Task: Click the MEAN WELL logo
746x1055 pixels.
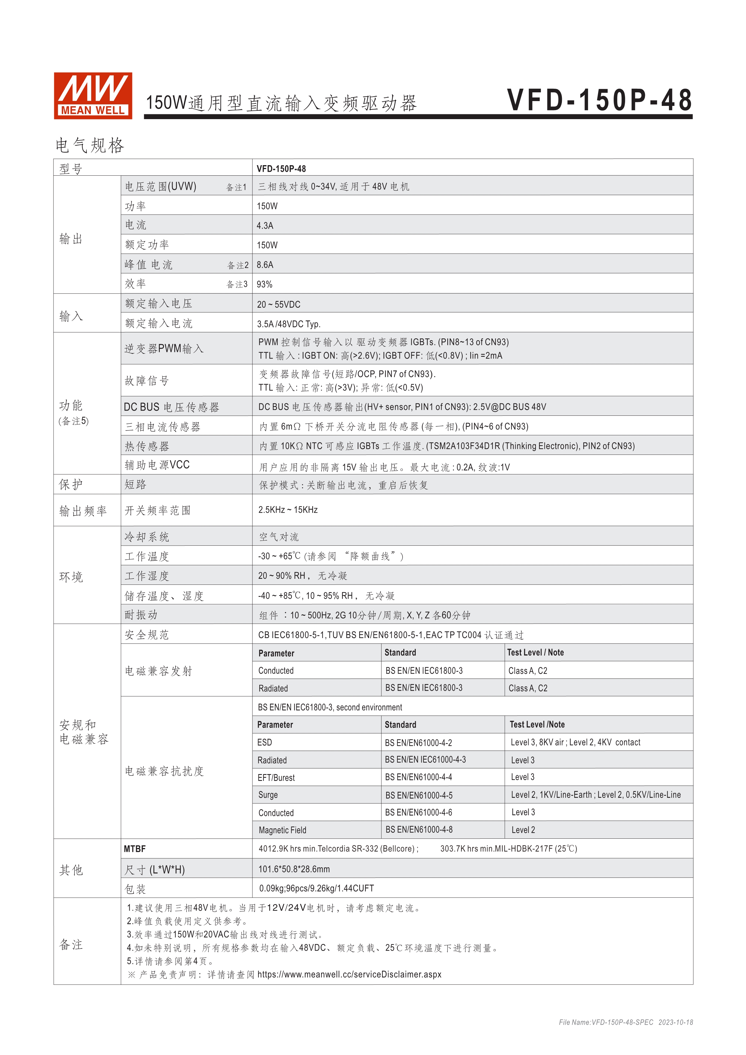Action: (93, 96)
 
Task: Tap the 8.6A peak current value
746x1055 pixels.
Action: (265, 265)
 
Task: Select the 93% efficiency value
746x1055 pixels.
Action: (265, 284)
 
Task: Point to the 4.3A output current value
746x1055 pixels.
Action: (265, 226)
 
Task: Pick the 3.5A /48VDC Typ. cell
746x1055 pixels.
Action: (288, 324)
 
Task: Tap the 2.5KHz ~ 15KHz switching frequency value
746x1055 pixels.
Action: (288, 510)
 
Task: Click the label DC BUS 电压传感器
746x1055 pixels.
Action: (171, 407)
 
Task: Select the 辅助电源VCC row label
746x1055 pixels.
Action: (157, 465)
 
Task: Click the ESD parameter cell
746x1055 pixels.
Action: (265, 742)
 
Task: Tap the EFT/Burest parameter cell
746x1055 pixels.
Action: (276, 777)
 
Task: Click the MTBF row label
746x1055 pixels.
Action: (134, 849)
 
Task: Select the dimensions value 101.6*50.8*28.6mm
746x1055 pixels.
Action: (294, 869)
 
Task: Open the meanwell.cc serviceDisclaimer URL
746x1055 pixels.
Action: (349, 974)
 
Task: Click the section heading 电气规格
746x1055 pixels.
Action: (90, 145)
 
